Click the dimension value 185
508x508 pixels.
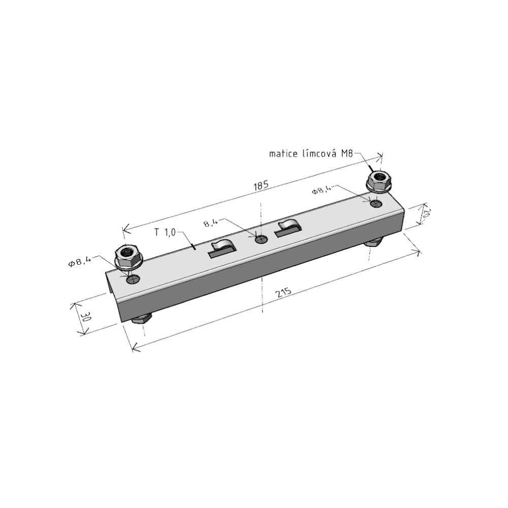click(x=261, y=185)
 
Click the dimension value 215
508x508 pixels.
click(x=283, y=293)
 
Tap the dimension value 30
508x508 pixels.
click(x=86, y=316)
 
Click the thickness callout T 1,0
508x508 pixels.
click(x=165, y=232)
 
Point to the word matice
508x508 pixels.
click(x=283, y=153)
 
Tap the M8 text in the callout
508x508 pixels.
click(x=346, y=153)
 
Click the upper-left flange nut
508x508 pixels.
click(x=129, y=256)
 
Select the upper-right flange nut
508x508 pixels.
click(x=379, y=181)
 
